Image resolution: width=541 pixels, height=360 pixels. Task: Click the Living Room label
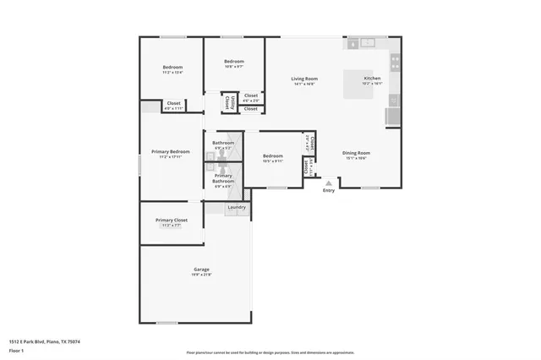tap(304, 79)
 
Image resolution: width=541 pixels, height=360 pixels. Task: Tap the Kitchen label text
tap(372, 79)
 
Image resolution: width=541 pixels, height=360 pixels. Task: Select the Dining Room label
tap(356, 152)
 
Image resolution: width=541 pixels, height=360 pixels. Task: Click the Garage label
tap(200, 270)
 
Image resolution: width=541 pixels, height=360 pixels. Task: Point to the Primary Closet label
tap(171, 221)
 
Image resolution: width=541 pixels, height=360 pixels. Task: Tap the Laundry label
tap(237, 207)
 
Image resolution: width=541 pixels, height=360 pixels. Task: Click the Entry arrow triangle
tap(328, 182)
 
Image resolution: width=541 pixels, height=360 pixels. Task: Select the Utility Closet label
tap(228, 102)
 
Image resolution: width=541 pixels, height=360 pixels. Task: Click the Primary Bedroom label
tap(171, 152)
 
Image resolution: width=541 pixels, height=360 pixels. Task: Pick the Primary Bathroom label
tap(223, 177)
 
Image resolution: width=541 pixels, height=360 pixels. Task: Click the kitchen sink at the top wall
tap(368, 42)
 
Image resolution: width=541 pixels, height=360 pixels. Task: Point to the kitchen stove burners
tap(395, 62)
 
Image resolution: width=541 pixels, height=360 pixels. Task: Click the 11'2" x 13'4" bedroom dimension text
tap(172, 73)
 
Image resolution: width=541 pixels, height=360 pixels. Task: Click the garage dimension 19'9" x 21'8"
tap(200, 275)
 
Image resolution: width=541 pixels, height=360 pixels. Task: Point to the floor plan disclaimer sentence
tap(270, 352)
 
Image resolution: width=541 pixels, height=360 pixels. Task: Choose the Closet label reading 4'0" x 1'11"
tap(172, 108)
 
